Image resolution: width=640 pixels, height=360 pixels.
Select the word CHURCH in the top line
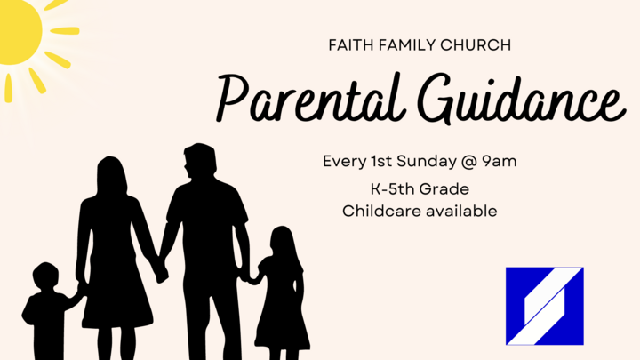pos(459,44)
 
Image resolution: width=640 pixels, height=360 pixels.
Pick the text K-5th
pos(391,190)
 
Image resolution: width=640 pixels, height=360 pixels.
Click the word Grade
pos(449,190)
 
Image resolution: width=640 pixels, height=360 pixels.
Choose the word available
pos(460,212)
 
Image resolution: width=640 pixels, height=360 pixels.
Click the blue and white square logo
pos(544,306)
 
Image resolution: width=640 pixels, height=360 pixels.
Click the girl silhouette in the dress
pos(281,293)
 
